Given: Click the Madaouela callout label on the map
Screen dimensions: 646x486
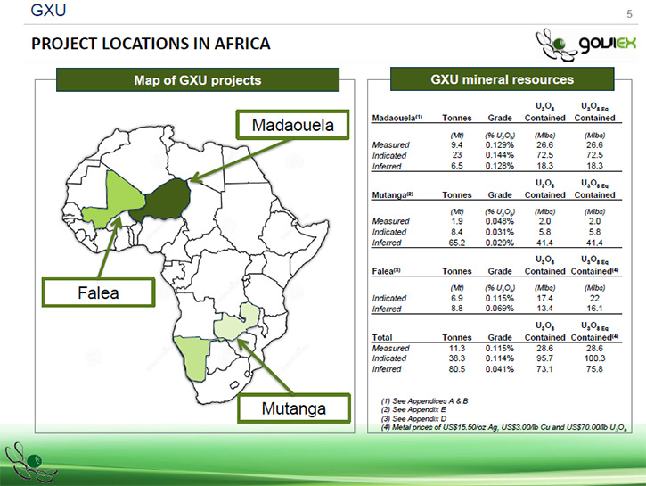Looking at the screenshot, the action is click(x=292, y=125).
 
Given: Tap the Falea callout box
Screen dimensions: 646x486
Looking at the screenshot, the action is click(x=99, y=292).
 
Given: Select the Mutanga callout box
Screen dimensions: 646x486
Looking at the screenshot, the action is click(x=294, y=408).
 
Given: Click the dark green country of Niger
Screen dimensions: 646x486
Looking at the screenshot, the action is click(x=163, y=201).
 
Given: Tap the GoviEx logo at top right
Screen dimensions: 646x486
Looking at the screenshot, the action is click(x=585, y=45).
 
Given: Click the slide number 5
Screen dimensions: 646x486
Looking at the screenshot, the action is click(x=629, y=14).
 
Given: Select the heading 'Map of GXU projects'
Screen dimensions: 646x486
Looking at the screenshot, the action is click(x=198, y=80).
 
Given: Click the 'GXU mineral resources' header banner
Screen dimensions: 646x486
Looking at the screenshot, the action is click(x=503, y=79).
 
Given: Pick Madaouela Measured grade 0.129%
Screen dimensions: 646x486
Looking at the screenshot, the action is click(x=499, y=145).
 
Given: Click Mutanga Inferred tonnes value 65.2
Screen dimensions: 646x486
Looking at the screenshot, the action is click(x=456, y=243).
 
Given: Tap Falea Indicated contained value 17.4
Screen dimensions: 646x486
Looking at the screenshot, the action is click(x=544, y=298).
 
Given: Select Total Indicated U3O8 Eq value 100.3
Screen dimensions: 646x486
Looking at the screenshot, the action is click(x=594, y=358).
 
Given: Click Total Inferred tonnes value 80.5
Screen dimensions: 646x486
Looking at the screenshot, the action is click(x=456, y=369).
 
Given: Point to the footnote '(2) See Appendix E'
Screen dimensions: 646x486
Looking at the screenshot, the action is click(x=413, y=409).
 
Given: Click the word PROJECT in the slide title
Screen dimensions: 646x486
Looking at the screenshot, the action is click(x=64, y=44).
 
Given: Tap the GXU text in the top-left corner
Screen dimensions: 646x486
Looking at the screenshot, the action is click(x=48, y=11).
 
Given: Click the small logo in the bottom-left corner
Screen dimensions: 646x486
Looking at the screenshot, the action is click(x=29, y=462).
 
